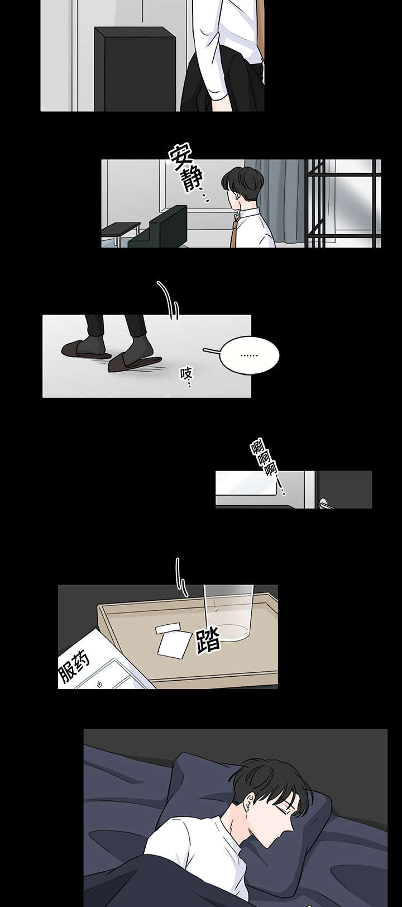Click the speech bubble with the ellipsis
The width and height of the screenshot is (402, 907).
coord(249,354)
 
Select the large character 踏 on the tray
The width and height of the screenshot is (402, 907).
coord(208,641)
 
